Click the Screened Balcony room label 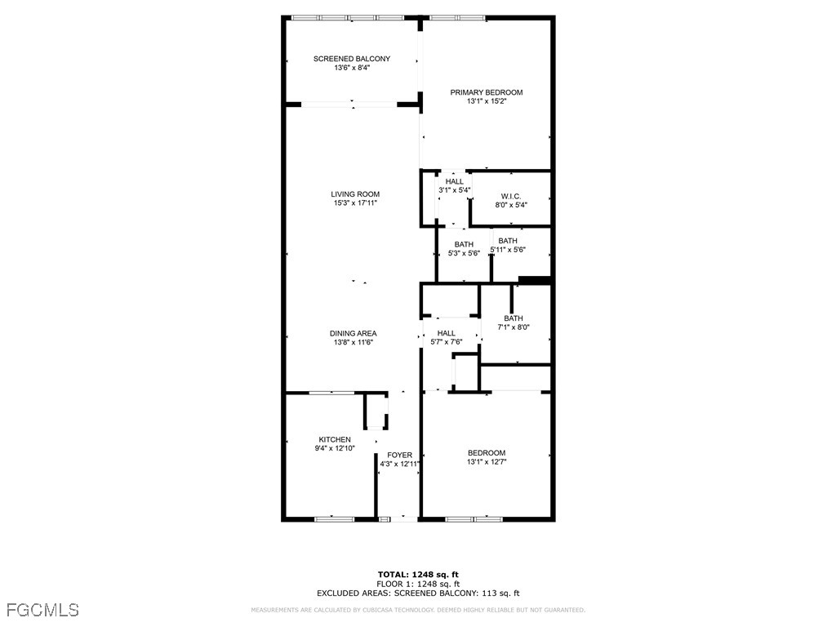[x=352, y=59]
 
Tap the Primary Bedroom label [x=487, y=92]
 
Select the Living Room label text [x=355, y=194]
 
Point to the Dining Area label [x=353, y=333]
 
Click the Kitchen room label [x=335, y=439]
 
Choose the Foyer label [x=400, y=455]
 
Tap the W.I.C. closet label [x=511, y=197]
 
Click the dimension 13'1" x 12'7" [x=487, y=462]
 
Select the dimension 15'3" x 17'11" [x=355, y=203]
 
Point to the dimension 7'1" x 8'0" [x=514, y=327]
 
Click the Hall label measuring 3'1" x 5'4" [x=455, y=181]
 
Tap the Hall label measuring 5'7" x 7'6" [x=446, y=333]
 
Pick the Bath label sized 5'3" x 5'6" [x=464, y=244]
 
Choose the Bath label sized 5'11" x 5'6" [x=508, y=241]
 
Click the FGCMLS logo [x=42, y=609]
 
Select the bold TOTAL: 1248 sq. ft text [x=418, y=574]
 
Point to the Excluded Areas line [x=418, y=594]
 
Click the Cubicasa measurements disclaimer [x=418, y=610]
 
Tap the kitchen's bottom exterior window [x=334, y=518]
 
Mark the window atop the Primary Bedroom [x=457, y=17]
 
